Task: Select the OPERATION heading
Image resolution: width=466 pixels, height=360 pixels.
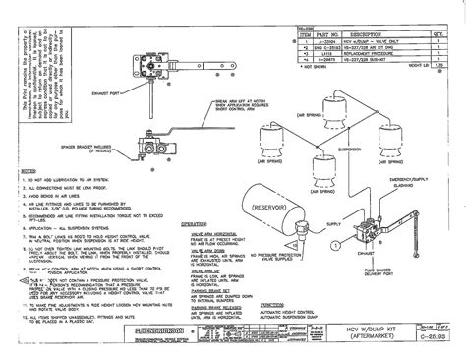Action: [x=201, y=224]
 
